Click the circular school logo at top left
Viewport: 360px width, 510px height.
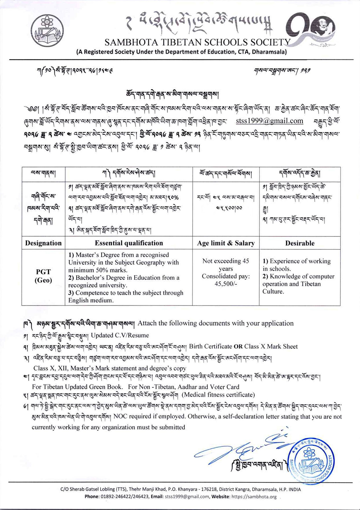[x=47, y=30]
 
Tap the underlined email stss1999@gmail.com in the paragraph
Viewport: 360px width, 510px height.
[x=269, y=121]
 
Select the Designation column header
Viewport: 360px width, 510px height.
[x=43, y=243]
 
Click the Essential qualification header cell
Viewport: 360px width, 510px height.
[x=129, y=243]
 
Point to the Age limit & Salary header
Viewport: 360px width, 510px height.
[x=226, y=243]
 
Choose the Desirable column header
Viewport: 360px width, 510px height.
[x=300, y=243]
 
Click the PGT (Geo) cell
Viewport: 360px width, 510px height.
[x=43, y=276]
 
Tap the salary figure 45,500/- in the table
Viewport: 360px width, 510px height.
[x=226, y=284]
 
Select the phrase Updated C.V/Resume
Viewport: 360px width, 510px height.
[x=120, y=335]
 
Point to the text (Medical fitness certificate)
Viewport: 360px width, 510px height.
[x=218, y=395]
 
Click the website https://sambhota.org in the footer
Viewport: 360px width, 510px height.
[x=254, y=497]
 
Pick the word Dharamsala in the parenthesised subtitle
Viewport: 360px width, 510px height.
[x=271, y=52]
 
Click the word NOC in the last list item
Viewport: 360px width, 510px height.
[x=120, y=416]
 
